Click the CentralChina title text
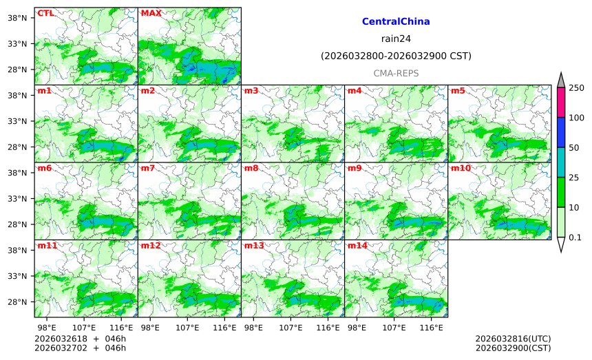396,22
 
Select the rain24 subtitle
396,39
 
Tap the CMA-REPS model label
396,73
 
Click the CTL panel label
45,13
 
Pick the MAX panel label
151,13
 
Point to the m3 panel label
251,91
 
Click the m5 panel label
458,91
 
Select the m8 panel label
251,168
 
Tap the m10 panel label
461,168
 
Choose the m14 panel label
357,246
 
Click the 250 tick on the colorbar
576,88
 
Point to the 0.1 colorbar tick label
575,237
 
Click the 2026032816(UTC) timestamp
513,339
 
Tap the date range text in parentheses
396,56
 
